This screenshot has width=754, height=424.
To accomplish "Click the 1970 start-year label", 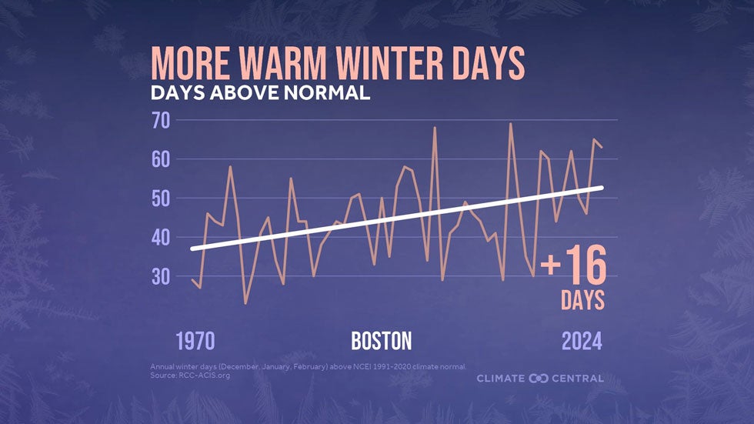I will (x=195, y=341).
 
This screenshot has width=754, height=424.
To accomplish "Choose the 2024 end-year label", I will (x=582, y=341).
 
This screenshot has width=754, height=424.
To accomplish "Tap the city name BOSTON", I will (x=382, y=341).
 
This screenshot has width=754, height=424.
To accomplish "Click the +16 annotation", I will (x=574, y=266).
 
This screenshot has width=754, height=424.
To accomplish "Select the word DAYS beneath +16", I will (x=582, y=300).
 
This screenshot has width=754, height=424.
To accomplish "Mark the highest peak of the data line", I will (x=510, y=123).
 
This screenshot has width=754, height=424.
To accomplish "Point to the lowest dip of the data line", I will (x=245, y=303).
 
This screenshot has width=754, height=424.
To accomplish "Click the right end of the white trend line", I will (x=602, y=188).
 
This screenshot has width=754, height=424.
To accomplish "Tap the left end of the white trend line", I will (x=192, y=249).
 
